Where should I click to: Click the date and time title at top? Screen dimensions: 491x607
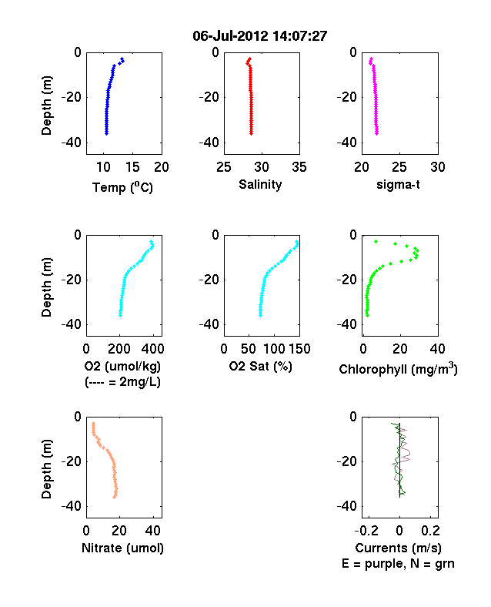260,36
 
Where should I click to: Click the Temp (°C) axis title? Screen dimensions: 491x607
122,187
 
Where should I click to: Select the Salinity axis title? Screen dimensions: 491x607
260,184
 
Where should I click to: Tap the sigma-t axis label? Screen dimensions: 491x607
398,184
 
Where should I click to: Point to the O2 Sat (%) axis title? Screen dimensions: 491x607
261,366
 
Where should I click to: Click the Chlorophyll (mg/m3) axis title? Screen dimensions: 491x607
398,368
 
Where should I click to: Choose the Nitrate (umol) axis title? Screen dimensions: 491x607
122,548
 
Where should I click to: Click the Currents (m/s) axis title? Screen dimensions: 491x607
398,548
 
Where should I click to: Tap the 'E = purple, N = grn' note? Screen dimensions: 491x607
398,563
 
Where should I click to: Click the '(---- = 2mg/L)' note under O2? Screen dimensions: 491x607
122,382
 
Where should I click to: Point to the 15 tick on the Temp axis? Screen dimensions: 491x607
132,167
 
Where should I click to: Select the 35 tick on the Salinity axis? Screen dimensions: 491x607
299,167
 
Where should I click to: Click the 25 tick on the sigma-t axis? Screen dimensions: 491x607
399,167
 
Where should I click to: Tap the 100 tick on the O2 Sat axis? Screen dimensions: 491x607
275,349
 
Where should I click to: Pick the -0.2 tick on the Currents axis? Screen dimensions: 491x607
367,530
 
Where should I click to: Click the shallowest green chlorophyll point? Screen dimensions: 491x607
376,242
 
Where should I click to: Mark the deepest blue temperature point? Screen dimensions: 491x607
106,133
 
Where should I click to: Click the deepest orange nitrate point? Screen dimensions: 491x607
115,497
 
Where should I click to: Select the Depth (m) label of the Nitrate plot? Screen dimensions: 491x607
46,469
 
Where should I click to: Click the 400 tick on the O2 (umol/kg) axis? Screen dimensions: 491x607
152,349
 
